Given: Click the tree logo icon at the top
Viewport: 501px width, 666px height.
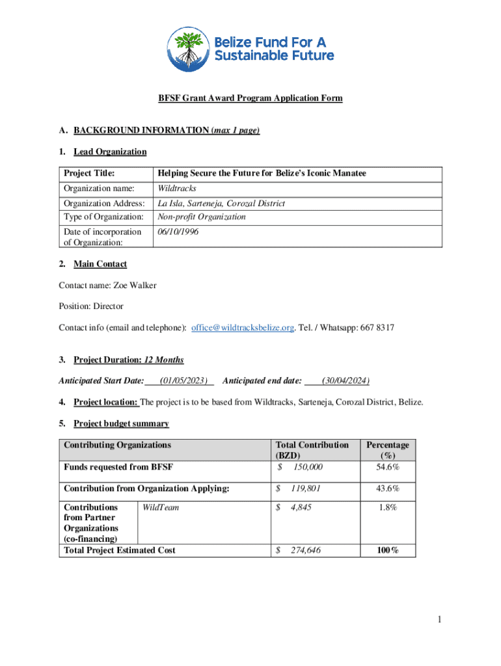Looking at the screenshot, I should tap(189, 49).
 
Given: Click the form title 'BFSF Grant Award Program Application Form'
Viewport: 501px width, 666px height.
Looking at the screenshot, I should tap(251, 98).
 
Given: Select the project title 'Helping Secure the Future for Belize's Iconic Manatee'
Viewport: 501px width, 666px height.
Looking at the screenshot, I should tap(260, 173).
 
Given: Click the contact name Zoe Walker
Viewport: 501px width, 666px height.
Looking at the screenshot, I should tap(135, 285).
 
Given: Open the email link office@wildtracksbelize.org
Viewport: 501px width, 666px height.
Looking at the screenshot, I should tap(243, 328).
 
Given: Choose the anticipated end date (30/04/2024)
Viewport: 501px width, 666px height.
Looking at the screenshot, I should tap(342, 380).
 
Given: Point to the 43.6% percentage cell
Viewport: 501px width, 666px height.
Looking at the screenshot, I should tap(387, 488).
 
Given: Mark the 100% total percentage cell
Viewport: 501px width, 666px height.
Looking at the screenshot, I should tap(387, 550).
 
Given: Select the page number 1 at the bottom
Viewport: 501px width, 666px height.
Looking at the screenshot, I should tap(440, 620).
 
